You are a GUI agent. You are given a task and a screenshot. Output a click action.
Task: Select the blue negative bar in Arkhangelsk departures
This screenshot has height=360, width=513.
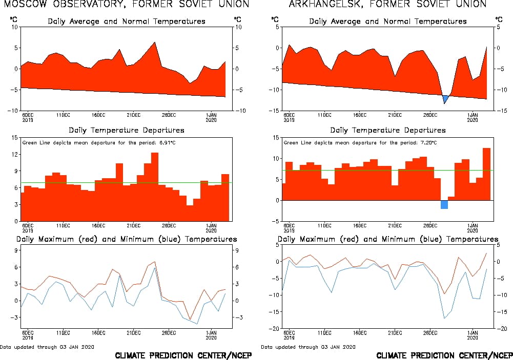444,204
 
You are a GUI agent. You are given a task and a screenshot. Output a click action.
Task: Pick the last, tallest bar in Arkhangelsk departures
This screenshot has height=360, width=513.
486,174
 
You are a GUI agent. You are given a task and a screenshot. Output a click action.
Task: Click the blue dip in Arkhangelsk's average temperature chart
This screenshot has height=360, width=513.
445,98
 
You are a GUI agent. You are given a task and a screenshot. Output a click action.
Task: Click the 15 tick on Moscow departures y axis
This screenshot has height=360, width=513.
15,137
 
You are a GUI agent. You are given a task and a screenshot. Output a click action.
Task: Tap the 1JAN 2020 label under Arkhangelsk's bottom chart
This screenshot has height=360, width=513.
472,334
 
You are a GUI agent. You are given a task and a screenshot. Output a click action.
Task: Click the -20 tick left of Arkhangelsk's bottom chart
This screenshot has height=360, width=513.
274,328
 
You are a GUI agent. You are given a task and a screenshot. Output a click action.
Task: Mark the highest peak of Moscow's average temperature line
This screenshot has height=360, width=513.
155,43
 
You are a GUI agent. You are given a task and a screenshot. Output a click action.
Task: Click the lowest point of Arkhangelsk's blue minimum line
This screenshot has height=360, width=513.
444,318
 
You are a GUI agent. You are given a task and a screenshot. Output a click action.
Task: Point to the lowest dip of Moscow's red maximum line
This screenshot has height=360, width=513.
190,320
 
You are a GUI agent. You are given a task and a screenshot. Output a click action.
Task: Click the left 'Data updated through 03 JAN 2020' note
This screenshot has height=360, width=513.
47,347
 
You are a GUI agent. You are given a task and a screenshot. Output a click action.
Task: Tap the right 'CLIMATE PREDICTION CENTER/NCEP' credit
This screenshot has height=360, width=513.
444,355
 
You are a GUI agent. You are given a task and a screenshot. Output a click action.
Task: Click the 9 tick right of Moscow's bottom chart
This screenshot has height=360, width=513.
236,250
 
